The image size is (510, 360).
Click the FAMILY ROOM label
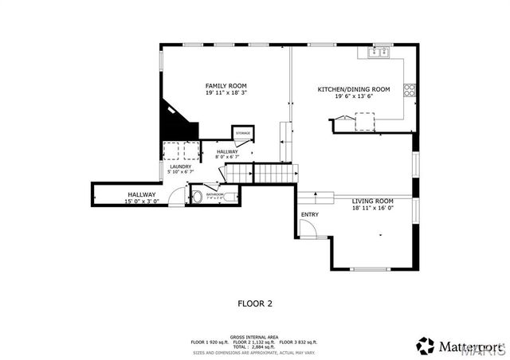tap(226, 85)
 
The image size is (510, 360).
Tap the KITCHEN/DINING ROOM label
tap(353, 89)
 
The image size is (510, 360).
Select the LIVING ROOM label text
tap(373, 201)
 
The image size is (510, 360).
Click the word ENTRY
tap(309, 215)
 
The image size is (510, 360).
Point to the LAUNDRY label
tap(180, 166)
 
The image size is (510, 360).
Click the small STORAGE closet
tap(242, 133)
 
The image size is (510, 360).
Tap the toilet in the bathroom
tap(198, 195)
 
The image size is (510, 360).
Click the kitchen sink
tap(379, 53)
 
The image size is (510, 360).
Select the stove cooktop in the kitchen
tap(410, 90)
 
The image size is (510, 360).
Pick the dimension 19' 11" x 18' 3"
tap(226, 93)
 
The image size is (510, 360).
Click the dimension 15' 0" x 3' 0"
tap(141, 202)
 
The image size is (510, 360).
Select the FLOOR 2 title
tap(255, 303)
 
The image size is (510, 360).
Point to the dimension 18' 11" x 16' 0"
tap(373, 208)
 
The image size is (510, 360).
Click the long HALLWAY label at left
tap(141, 194)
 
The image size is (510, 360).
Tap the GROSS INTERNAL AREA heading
tap(254, 337)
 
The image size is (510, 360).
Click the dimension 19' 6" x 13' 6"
tap(353, 96)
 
